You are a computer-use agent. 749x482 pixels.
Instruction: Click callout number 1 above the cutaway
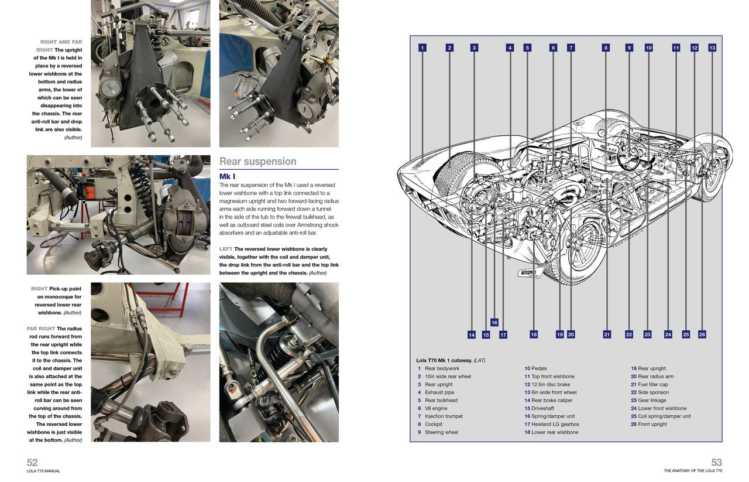coord(422,48)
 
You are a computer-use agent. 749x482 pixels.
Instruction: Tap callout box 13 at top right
coord(712,48)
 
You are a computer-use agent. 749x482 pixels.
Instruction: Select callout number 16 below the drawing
coord(494,322)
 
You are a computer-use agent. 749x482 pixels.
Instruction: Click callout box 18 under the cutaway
coord(534,334)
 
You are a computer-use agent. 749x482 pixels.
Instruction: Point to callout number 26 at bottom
coord(702,334)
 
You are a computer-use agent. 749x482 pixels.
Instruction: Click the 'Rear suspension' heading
coord(257,162)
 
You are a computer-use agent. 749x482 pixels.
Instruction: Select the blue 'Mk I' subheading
coord(227,176)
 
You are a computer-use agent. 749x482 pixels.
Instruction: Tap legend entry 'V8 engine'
coord(435,408)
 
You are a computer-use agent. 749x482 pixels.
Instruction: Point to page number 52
coord(32,462)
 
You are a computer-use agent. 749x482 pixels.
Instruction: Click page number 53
coord(717,462)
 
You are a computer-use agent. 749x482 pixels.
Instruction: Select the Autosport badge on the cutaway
coord(531,274)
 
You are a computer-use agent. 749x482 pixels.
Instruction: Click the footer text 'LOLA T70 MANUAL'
coord(43,471)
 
